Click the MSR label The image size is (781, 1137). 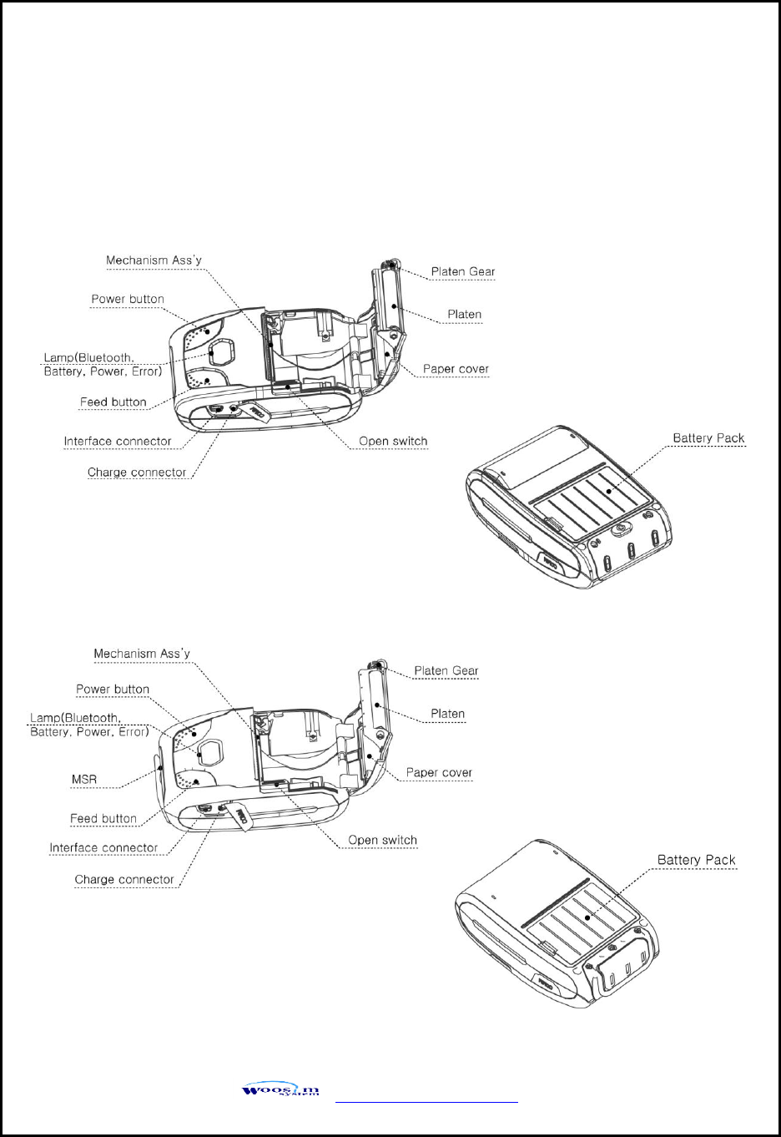[84, 780]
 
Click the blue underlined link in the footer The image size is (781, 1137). [426, 1102]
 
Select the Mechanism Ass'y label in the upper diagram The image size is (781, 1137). [154, 260]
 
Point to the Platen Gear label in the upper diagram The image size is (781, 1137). [463, 271]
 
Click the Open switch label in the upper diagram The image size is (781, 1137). [393, 441]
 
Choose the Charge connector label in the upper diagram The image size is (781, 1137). [137, 472]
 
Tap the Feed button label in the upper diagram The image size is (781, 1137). [113, 402]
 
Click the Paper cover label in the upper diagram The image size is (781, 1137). [456, 369]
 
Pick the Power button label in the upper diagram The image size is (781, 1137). [128, 299]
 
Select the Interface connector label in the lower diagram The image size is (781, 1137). [103, 848]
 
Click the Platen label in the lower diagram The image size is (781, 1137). [448, 714]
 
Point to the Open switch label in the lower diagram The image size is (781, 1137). [382, 841]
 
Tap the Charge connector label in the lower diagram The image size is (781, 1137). [124, 880]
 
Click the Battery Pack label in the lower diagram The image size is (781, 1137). [696, 860]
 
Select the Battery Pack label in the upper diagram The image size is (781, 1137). [708, 438]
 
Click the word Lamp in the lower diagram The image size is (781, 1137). [45, 718]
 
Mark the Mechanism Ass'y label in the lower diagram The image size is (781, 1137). [142, 654]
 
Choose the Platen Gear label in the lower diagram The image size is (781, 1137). [446, 670]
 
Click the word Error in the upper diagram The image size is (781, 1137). [146, 371]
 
